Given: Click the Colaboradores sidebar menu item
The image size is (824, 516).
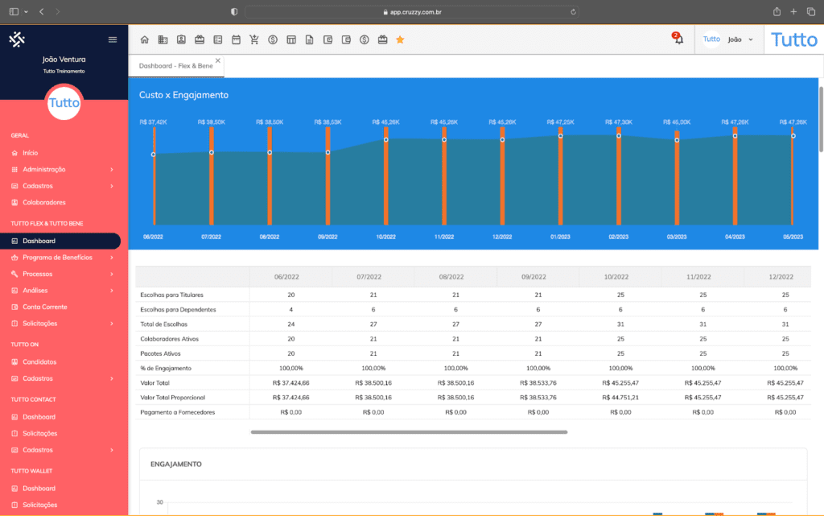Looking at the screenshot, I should [43, 202].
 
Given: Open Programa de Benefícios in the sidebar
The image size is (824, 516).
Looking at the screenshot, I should [57, 258].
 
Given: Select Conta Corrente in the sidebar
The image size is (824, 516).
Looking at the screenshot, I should [44, 307].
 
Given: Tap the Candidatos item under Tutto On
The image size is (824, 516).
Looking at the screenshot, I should [39, 362].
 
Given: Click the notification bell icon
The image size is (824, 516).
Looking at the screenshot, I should [678, 39].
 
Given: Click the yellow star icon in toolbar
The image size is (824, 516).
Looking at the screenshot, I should [400, 39].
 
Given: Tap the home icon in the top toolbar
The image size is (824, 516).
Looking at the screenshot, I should [145, 39].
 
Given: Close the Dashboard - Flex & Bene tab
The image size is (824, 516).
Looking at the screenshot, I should [217, 60].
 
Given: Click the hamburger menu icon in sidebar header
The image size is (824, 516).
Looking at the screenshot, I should [113, 39].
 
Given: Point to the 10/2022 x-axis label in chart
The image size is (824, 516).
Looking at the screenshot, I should [385, 237].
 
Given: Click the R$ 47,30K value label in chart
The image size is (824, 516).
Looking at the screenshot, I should [618, 122].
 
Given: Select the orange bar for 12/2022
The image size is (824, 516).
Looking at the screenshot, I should [502, 177].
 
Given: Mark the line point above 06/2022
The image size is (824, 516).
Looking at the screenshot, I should [153, 155].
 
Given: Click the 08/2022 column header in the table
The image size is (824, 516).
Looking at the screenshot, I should [455, 277].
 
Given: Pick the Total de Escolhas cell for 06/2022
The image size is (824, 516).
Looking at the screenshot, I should [290, 324].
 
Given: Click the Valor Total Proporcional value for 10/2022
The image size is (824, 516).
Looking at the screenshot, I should [620, 397].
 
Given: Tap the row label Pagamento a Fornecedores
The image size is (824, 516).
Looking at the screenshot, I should [177, 412].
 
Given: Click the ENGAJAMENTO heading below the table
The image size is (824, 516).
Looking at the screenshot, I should [175, 464].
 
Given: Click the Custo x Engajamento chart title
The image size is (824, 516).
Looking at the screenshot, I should [183, 95].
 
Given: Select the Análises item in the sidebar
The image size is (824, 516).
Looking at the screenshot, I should [35, 291].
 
